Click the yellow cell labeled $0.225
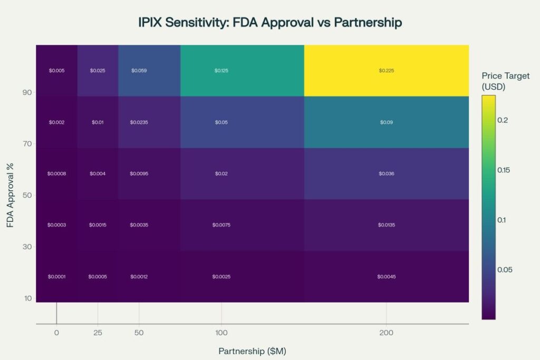386,71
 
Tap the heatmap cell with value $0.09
386,122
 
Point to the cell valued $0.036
386,173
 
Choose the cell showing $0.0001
56,277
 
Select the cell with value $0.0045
386,277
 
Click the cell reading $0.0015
98,225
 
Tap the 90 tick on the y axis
27,92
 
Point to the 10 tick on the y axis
27,298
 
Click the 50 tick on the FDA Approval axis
27,195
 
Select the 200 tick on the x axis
386,333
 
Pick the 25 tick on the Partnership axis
98,333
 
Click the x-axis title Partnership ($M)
252,351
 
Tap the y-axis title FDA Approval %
10,195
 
